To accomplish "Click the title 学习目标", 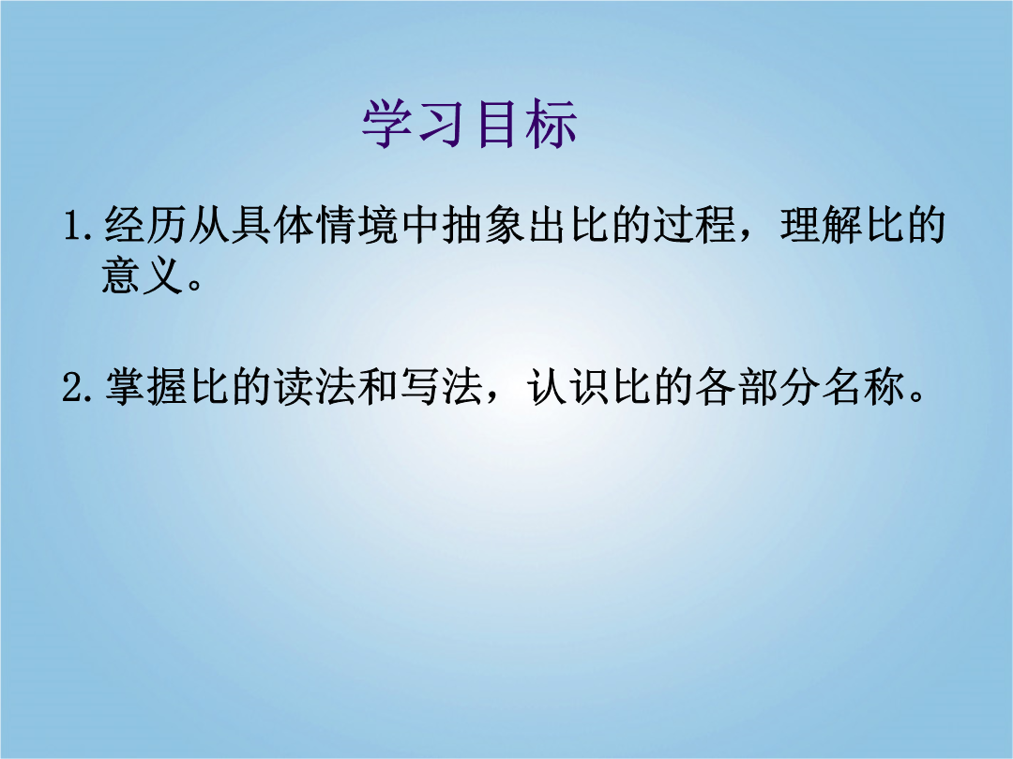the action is pyautogui.click(x=469, y=125).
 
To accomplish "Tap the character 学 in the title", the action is pyautogui.click(x=387, y=125).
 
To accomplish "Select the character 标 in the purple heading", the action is pyautogui.click(x=552, y=125).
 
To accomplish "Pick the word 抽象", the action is pyautogui.click(x=484, y=225).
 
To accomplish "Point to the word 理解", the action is pyautogui.click(x=822, y=225).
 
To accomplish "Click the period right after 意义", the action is pyautogui.click(x=194, y=285).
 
